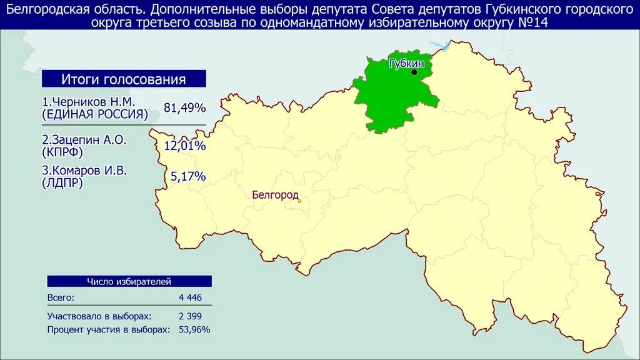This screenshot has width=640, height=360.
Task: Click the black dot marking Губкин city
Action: pos(414,72)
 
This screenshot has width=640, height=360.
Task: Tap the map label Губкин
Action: pos(406,64)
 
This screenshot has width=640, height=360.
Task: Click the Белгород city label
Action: pos(276,195)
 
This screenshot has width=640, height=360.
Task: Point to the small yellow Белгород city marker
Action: pos(299,201)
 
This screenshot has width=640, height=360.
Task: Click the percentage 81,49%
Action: pos(184,108)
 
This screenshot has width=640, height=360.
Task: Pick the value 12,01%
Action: pos(184,146)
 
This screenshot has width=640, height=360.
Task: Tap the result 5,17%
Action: pos(188,177)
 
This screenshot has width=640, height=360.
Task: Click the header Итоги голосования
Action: pos(123,79)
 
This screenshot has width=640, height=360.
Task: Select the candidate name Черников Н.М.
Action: pos(88,102)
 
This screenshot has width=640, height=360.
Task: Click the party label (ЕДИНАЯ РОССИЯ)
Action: pos(95,114)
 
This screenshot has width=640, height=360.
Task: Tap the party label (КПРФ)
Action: pos(62,152)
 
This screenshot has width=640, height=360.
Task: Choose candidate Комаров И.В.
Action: pos(85,171)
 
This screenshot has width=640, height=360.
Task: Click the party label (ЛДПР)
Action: pos(62,183)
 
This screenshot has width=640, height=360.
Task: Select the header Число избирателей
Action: pos(129,282)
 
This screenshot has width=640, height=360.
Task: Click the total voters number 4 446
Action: pos(190,297)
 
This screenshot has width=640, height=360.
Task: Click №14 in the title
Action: pos(534,23)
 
